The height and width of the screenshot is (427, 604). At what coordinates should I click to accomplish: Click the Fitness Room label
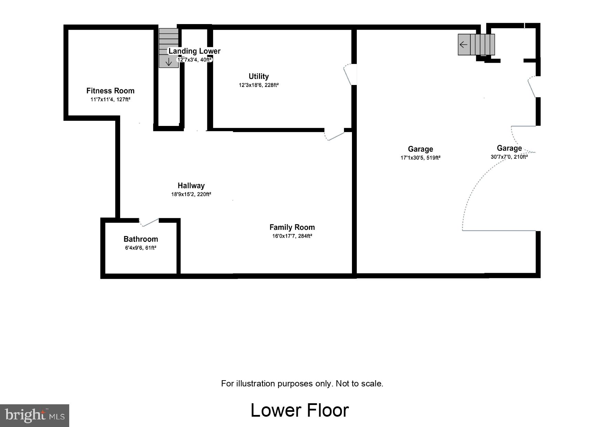click(110, 91)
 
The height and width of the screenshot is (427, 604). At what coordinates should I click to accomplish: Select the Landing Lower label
click(194, 51)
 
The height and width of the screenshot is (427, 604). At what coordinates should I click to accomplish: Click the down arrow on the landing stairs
click(168, 62)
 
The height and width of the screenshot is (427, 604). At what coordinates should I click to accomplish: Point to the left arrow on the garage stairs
click(464, 44)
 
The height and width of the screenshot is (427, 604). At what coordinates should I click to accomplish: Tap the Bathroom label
click(140, 239)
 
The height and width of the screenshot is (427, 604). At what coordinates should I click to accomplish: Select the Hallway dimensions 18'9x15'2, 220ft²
click(191, 194)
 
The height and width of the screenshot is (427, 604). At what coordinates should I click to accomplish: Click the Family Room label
click(292, 227)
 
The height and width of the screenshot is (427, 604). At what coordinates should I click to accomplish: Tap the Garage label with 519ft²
click(420, 149)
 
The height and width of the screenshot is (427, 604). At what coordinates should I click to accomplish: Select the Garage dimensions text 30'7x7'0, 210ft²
click(509, 157)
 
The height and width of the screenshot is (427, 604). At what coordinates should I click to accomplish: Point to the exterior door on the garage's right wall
click(533, 87)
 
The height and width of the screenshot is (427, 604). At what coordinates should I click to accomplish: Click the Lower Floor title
click(300, 410)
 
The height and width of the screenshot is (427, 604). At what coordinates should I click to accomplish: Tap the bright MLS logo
click(34, 415)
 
